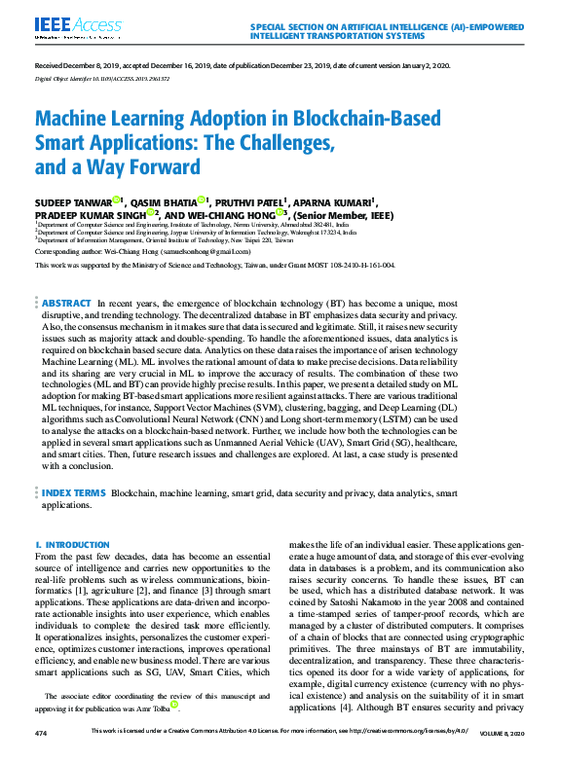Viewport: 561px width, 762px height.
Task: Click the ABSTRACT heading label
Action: pos(67,304)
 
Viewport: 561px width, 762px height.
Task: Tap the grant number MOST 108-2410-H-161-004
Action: pos(346,264)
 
